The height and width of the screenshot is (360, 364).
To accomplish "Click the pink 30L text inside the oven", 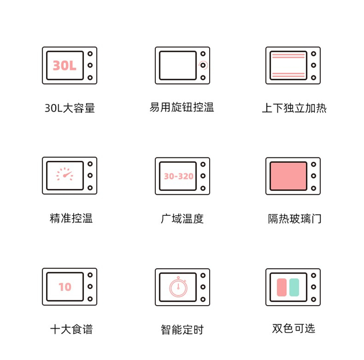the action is (65, 65).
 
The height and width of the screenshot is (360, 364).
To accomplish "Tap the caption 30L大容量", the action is (69, 108).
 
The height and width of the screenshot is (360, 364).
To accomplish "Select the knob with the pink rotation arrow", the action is (203, 65).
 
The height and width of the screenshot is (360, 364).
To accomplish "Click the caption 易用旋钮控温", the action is (182, 107).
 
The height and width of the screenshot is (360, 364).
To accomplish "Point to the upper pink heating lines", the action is (288, 56).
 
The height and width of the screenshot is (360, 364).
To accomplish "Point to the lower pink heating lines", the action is (288, 75).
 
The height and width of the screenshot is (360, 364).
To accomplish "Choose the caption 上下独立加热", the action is (294, 108).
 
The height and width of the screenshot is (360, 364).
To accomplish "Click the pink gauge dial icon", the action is (65, 174).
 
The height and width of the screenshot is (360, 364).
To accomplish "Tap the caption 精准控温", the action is (71, 218).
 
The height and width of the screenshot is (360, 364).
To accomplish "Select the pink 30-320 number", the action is (179, 176).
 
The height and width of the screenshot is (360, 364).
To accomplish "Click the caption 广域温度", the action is (182, 219).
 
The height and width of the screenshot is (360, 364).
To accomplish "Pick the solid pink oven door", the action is (288, 176).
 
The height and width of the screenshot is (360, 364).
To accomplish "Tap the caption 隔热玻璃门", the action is (295, 219).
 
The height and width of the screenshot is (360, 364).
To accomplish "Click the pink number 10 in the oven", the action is (65, 287).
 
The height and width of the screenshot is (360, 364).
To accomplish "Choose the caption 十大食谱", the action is (71, 329).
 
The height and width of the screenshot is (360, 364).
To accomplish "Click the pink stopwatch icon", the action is (178, 287).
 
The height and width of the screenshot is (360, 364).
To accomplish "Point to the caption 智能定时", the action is (182, 330).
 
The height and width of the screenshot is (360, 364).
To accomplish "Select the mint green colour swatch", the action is (294, 287).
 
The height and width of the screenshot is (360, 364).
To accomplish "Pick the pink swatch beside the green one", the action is (282, 287).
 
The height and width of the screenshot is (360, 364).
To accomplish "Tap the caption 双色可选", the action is (294, 328).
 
